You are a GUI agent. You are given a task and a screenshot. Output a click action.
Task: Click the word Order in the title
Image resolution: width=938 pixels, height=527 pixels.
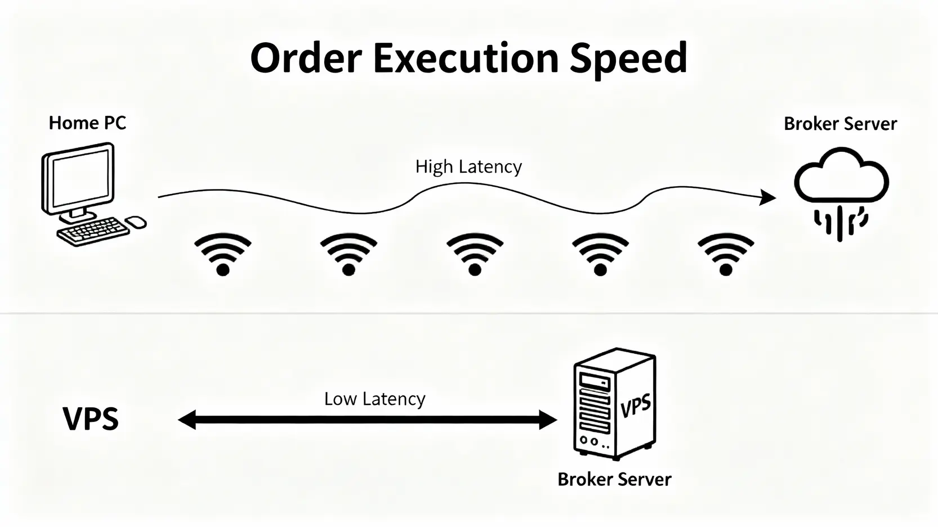306,58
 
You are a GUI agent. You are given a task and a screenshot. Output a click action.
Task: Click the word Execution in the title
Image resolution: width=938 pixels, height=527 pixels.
466,58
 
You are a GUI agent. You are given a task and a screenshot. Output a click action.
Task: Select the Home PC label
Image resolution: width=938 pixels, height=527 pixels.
87,123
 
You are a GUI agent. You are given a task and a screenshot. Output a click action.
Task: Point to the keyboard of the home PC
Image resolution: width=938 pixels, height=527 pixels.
93,231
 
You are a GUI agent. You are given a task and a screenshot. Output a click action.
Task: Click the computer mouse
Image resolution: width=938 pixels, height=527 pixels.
136,222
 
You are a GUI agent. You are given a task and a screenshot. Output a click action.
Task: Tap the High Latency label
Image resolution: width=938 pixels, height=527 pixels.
468,166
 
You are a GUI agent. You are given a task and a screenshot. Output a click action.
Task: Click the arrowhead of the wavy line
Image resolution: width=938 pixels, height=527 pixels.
767,197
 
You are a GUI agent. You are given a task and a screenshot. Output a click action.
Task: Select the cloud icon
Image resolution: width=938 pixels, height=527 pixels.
841,175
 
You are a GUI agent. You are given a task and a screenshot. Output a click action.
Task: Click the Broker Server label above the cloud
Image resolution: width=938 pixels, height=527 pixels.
840,124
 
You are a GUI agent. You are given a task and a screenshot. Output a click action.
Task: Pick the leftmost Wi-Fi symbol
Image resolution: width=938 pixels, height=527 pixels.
223,255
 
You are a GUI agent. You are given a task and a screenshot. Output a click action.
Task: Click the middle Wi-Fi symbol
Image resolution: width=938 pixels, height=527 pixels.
475,255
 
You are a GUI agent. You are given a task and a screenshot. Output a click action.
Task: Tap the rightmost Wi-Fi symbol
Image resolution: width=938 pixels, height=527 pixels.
726,255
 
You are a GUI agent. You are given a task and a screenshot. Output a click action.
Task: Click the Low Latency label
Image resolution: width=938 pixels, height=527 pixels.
375,399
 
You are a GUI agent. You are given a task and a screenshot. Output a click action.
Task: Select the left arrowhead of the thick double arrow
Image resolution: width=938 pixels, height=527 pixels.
187,420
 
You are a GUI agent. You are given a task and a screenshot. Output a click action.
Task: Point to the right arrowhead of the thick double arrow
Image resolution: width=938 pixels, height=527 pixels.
548,420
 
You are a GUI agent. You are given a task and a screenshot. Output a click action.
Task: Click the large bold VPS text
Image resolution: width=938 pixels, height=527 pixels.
91,418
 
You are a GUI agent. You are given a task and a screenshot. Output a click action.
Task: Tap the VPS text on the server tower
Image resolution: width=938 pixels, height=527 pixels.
636,406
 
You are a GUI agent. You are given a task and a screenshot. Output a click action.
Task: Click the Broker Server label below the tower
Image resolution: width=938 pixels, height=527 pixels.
614,479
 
